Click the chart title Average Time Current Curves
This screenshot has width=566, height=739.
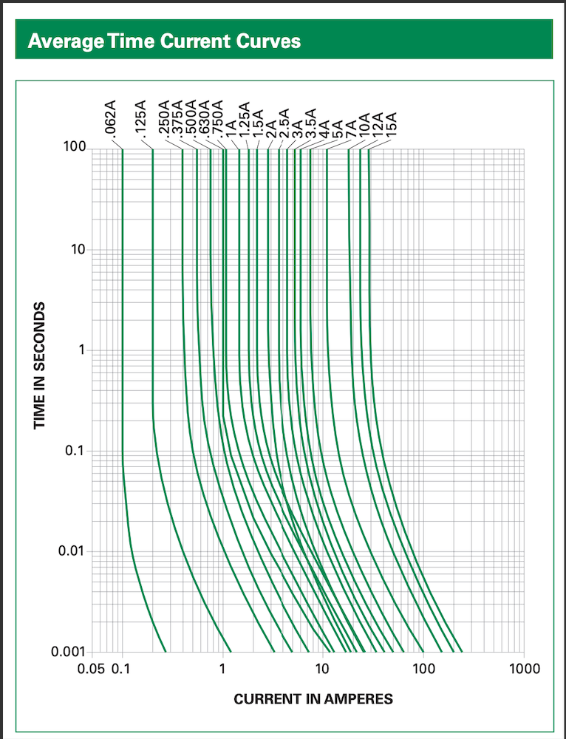pos(164,40)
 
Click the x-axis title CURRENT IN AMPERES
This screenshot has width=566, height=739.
pos(313,698)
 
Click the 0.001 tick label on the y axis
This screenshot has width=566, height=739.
pos(69,652)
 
